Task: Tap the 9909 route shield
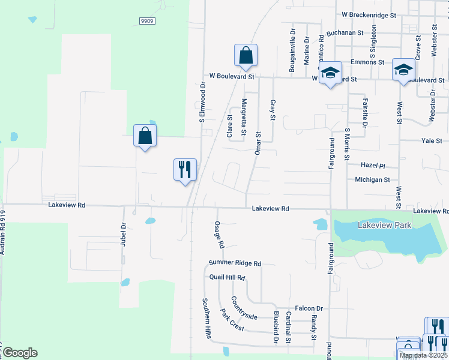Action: pos(146,20)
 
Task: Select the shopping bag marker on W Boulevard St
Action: pos(246,56)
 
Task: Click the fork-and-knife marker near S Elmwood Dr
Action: pos(185,170)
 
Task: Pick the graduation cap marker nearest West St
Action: pos(403,71)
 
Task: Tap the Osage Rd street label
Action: pos(219,235)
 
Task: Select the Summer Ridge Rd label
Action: pos(235,263)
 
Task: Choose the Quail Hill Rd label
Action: pos(228,278)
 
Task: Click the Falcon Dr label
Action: pos(309,307)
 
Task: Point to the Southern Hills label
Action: pos(206,318)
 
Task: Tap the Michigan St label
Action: pos(372,179)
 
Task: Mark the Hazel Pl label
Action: pos(372,164)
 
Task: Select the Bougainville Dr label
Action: pos(292,50)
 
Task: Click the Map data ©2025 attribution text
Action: pos(423,355)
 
